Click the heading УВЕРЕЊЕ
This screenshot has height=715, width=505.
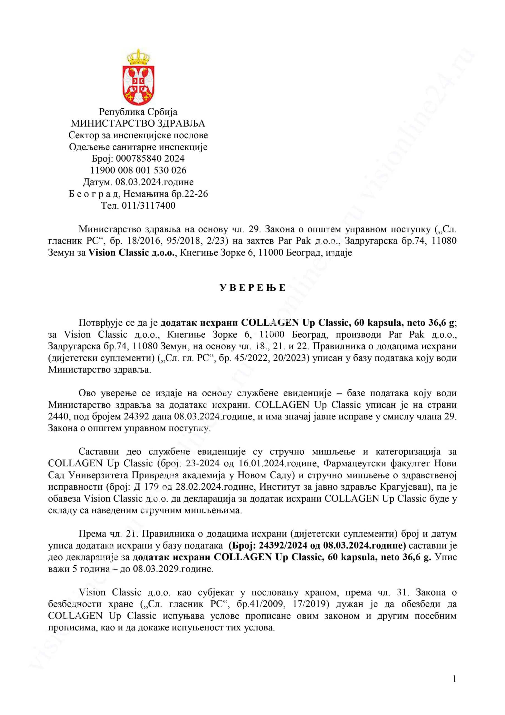(x=252, y=288)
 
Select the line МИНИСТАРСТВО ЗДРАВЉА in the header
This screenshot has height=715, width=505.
(x=138, y=124)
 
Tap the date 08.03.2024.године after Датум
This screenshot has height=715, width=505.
(x=154, y=182)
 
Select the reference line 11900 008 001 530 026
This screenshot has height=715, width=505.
(x=138, y=170)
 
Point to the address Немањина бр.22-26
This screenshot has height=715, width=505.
(x=165, y=194)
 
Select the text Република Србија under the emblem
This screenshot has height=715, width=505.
(x=138, y=112)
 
